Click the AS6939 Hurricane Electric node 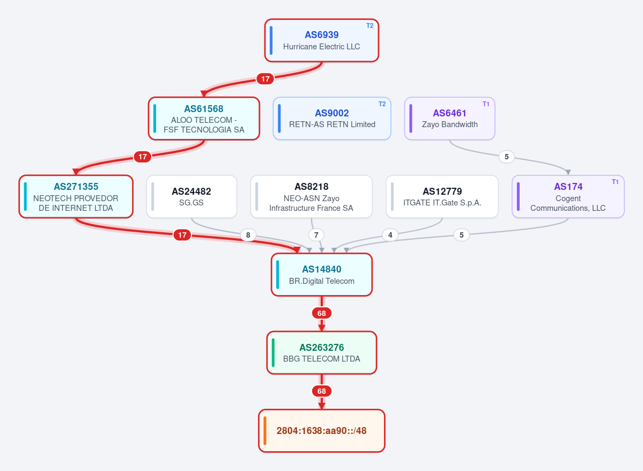(322, 41)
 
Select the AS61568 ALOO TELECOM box (204, 119)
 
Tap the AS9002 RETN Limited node (332, 119)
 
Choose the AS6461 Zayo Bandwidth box (450, 119)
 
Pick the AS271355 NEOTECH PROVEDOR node (76, 196)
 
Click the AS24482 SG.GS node (191, 196)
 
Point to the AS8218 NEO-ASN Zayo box (312, 196)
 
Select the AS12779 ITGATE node (442, 196)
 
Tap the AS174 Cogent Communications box (568, 196)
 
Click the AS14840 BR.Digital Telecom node (322, 275)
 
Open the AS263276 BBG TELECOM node (322, 353)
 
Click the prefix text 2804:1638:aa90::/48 (322, 431)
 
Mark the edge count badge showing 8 (248, 235)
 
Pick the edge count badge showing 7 (316, 235)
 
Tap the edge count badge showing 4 (390, 235)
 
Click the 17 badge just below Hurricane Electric (265, 79)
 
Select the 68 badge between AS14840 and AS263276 (322, 313)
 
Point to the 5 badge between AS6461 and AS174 (506, 157)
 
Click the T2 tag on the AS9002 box (382, 104)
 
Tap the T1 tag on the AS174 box (615, 182)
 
